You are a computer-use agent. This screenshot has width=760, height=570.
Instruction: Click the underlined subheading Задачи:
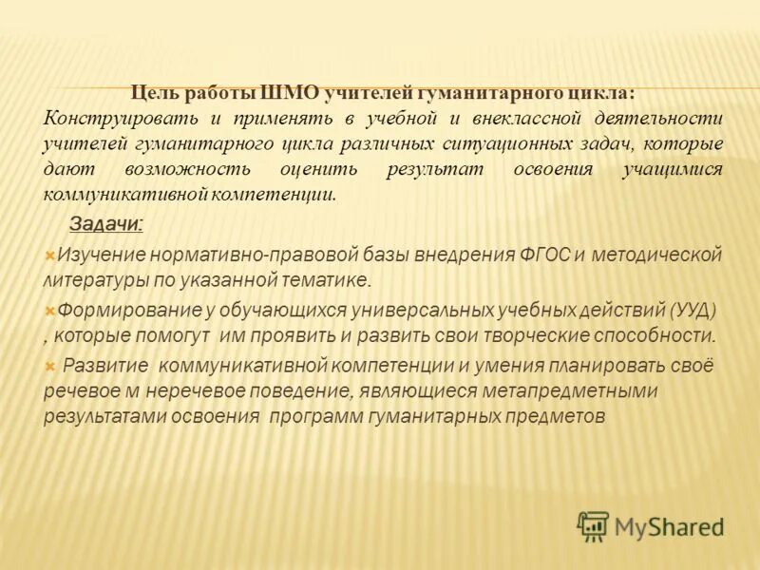pos(106,225)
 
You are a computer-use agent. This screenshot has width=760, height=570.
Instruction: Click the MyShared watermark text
pos(669,526)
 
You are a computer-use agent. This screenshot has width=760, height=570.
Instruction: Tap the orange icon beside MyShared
pos(593,526)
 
